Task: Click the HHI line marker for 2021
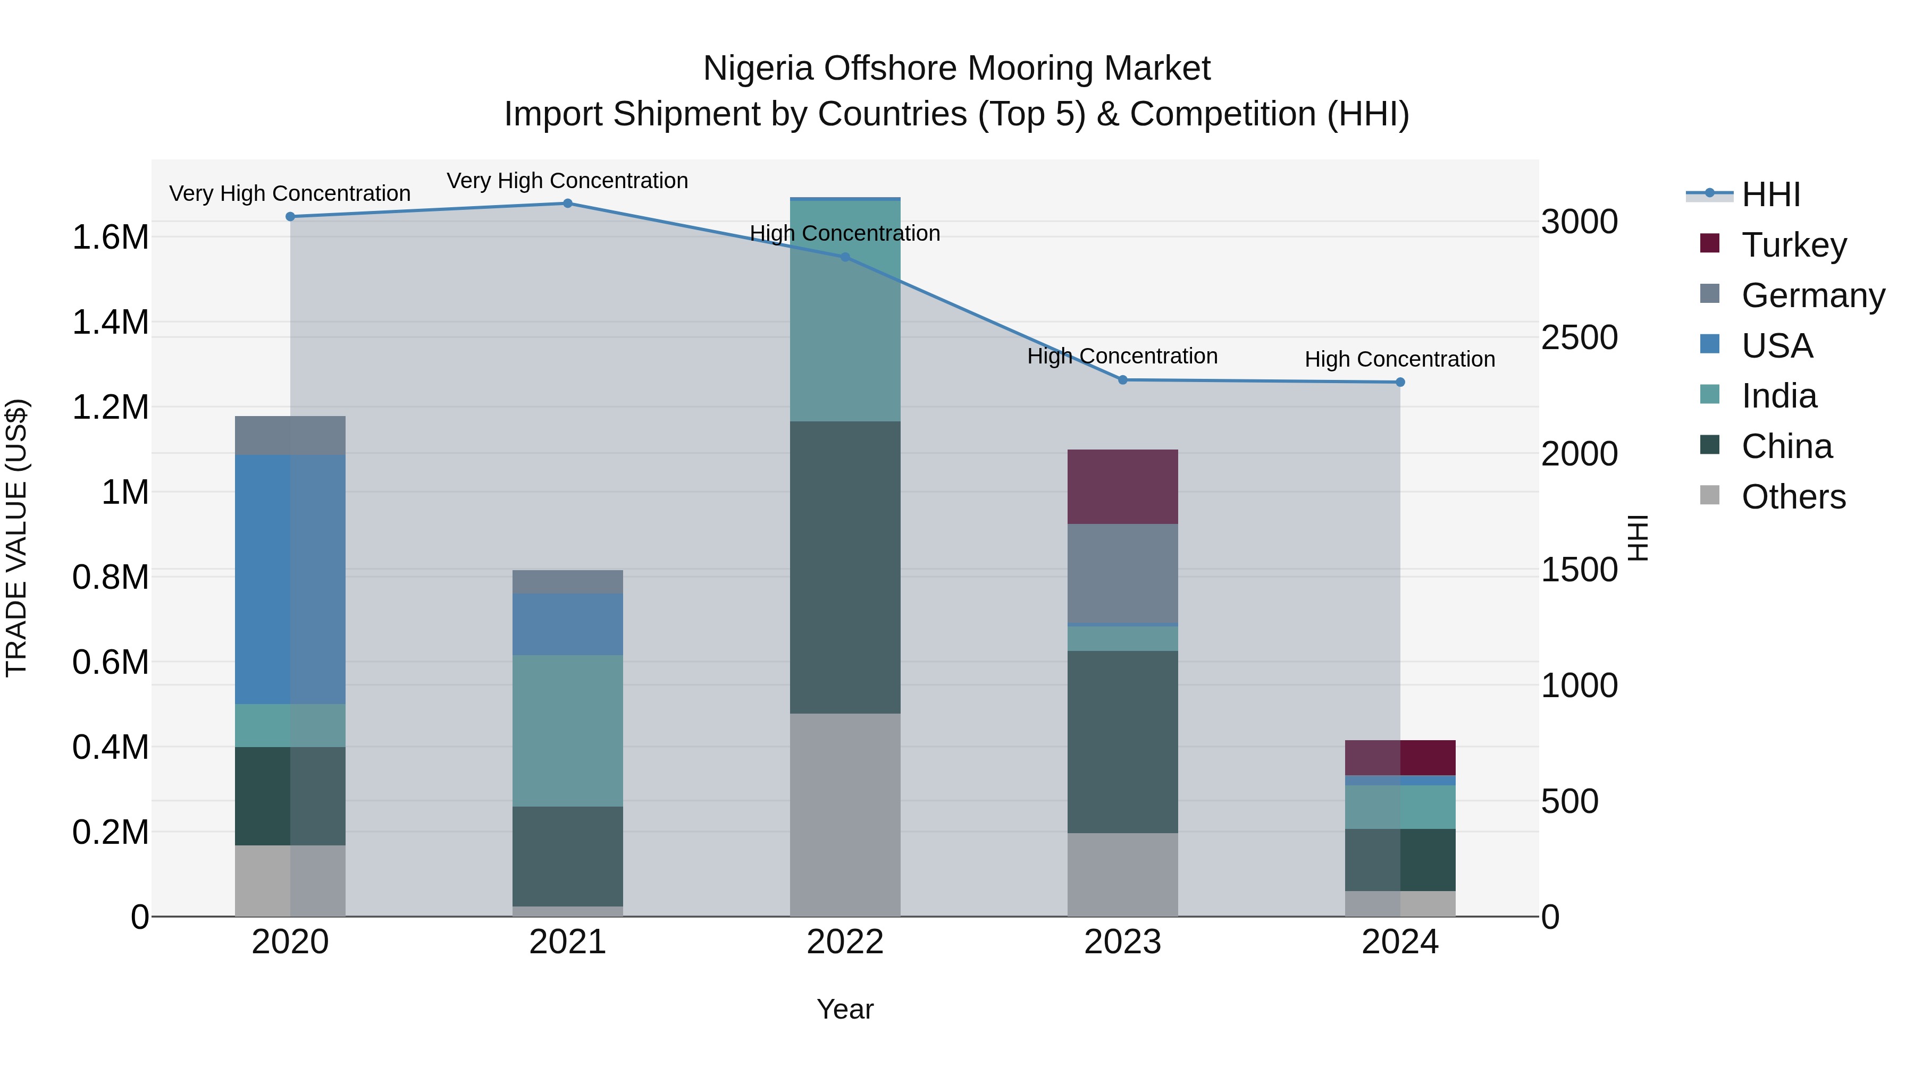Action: [x=568, y=204]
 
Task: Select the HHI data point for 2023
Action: [x=1123, y=380]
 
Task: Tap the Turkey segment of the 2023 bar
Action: [x=1123, y=487]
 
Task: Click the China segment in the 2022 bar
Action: [x=845, y=568]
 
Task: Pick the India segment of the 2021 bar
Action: [x=568, y=732]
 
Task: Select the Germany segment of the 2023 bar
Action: [x=1123, y=573]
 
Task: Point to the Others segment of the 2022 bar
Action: [x=845, y=815]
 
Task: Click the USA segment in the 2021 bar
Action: [x=568, y=624]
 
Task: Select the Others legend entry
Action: [x=1793, y=497]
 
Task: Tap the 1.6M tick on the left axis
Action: [x=110, y=238]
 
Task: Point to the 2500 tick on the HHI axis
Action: [x=1579, y=338]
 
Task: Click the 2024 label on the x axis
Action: [x=1400, y=942]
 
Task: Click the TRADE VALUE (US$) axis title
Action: [x=17, y=538]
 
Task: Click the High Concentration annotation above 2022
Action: [x=845, y=233]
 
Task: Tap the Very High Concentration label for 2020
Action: [x=290, y=194]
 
